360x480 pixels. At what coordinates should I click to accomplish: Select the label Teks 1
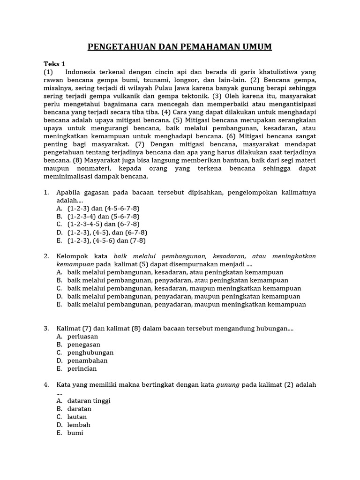click(x=54, y=64)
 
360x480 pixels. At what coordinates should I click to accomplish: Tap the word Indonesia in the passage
click(x=82, y=72)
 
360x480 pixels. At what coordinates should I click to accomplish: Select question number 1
click(x=46, y=192)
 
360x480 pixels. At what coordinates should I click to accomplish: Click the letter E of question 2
click(x=59, y=304)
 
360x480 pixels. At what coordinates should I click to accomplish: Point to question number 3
click(x=46, y=328)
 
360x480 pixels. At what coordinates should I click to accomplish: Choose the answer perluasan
click(x=82, y=336)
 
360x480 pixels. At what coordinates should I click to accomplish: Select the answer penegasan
click(x=84, y=345)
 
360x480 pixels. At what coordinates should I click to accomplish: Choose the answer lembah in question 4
click(x=79, y=425)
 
